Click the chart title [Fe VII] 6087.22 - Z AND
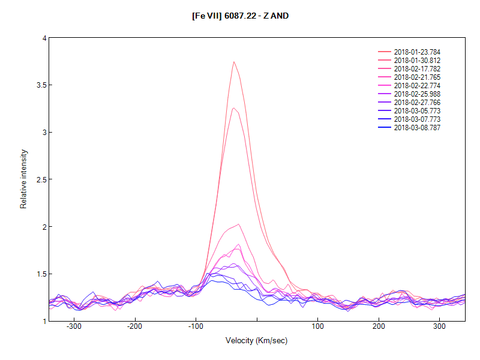click(x=240, y=15)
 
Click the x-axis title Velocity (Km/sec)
click(x=257, y=340)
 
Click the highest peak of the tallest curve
click(x=234, y=61)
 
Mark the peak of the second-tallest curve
click(x=233, y=108)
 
